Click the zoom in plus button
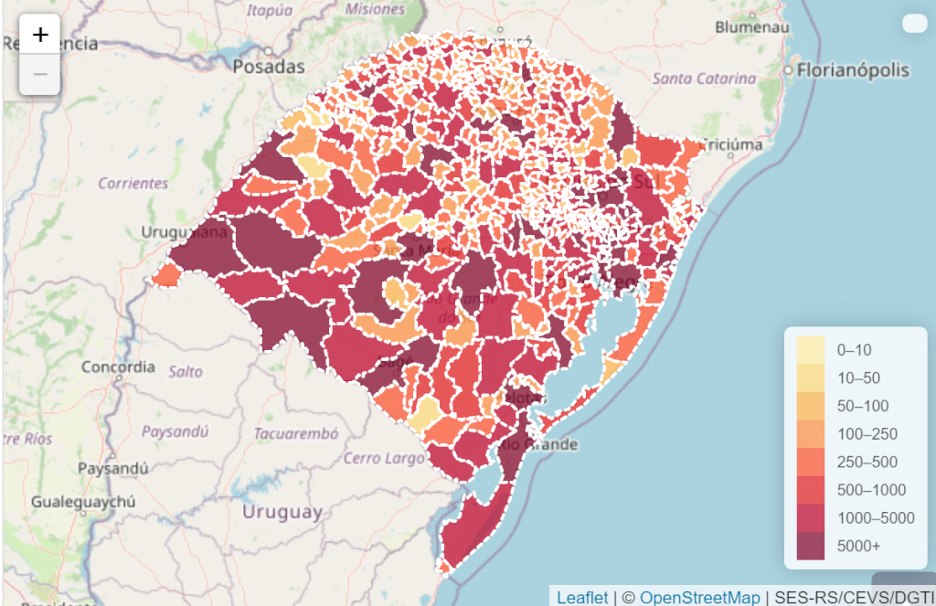tap(40, 36)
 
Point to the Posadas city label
tap(269, 67)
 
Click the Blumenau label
tap(751, 27)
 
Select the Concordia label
tap(118, 367)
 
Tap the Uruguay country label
tap(282, 512)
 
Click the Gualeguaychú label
tap(83, 502)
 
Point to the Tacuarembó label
tap(296, 433)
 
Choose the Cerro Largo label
tap(378, 458)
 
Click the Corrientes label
tap(133, 183)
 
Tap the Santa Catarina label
tap(704, 79)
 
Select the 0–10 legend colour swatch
tap(810, 349)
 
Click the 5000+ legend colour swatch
tap(810, 546)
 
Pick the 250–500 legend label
tap(867, 462)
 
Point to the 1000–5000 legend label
tap(876, 517)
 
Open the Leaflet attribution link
tap(582, 597)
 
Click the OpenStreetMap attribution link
tap(699, 597)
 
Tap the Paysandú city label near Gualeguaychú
tap(113, 468)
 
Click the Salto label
tap(186, 372)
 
